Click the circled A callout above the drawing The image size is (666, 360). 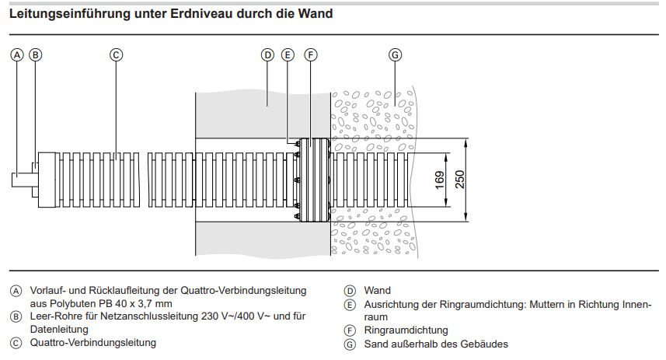click(16, 55)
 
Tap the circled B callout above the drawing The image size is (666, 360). click(35, 55)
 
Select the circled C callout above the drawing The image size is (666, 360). click(115, 55)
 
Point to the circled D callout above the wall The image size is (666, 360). click(267, 55)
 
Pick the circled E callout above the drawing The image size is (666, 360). click(288, 55)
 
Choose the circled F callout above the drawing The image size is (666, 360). click(310, 55)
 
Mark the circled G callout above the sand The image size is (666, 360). click(395, 55)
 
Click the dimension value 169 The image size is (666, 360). click(439, 180)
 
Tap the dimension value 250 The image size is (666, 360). click(460, 180)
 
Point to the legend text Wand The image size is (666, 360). click(377, 291)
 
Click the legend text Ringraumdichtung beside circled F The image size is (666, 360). click(406, 330)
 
